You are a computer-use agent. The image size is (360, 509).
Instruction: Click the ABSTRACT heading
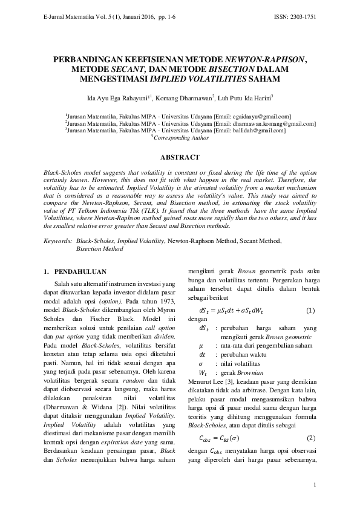(x=179, y=157)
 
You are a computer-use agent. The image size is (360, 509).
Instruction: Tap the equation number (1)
(x=310, y=310)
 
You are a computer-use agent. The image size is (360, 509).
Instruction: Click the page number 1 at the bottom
(x=315, y=485)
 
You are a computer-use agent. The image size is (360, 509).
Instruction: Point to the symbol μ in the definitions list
(x=201, y=345)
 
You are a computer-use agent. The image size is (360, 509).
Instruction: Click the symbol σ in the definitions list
(x=201, y=364)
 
